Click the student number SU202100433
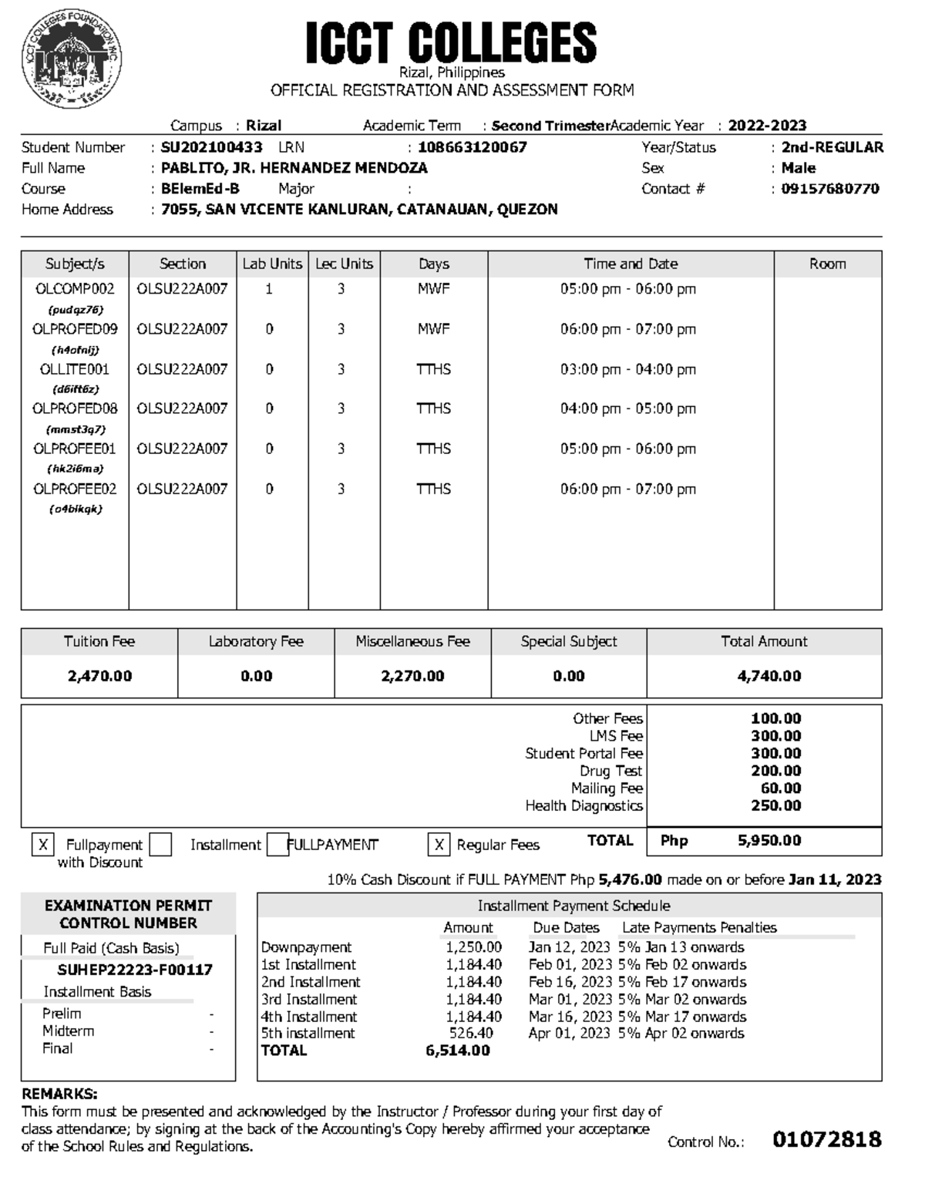211,147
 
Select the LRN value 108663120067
472,147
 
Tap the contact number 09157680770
829,189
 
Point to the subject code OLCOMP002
75,289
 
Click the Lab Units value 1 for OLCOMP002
269,289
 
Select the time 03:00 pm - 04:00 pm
627,369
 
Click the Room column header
827,264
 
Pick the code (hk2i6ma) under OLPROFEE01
75,469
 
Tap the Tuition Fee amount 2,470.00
99,676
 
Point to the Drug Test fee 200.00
775,771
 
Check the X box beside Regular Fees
438,846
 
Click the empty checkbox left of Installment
160,845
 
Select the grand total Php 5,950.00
769,840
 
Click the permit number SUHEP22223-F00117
135,970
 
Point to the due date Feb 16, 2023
570,982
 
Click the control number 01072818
826,1139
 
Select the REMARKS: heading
59,1094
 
